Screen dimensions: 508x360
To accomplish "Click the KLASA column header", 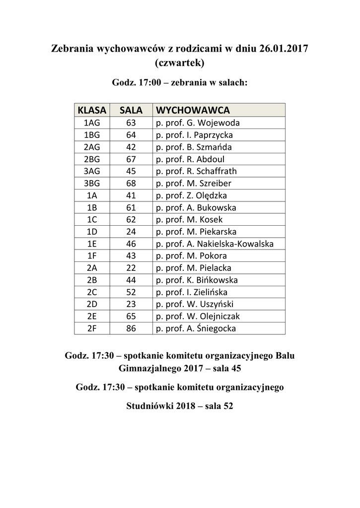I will (x=92, y=110).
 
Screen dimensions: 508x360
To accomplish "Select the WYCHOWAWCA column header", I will (x=193, y=110).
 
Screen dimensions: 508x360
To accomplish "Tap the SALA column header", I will (x=131, y=110).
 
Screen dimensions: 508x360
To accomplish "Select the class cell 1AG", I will (x=92, y=123).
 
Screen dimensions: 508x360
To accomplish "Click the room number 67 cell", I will (x=131, y=159).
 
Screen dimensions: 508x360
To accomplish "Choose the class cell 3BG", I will (x=92, y=183).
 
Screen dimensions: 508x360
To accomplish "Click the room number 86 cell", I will (x=131, y=328).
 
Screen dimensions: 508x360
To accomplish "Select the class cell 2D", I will (x=92, y=304).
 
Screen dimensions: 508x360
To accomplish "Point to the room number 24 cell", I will (x=131, y=232).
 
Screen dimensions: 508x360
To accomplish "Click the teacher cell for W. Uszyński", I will (x=195, y=304).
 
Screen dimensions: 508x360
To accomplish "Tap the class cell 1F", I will (x=92, y=256).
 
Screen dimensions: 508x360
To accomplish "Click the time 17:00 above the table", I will (x=148, y=83).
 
